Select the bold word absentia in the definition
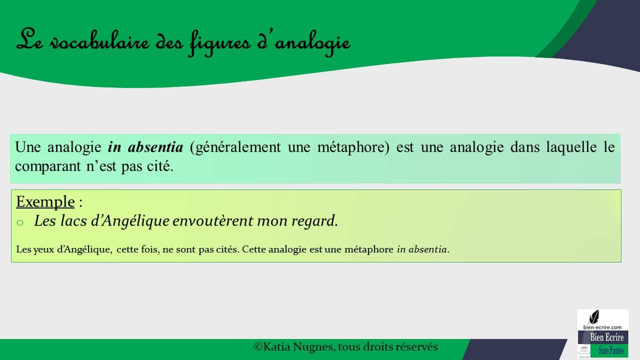[x=155, y=147]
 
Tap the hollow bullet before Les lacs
[x=20, y=222]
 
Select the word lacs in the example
[x=73, y=221]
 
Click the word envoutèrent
[x=212, y=221]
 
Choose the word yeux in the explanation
[x=43, y=249]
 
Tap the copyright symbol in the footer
[x=258, y=347]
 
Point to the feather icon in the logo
[x=594, y=317]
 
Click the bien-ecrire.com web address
[x=602, y=327]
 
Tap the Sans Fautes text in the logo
[x=611, y=350]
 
